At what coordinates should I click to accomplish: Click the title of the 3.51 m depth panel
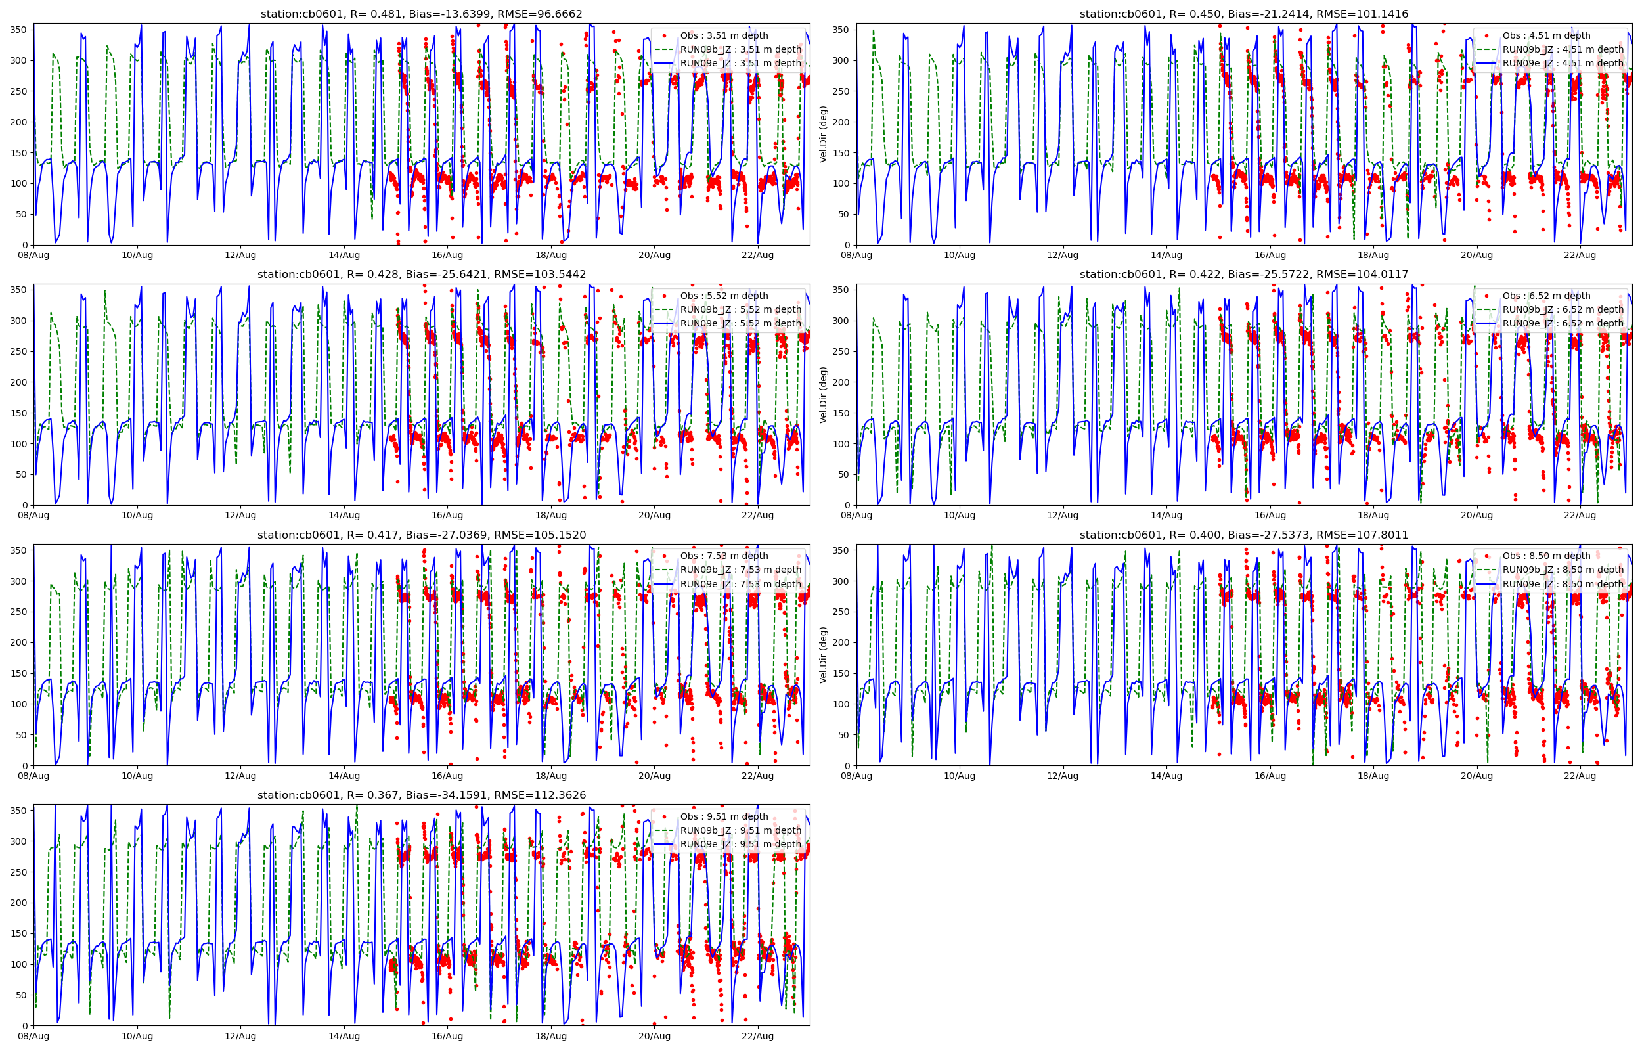click(x=421, y=14)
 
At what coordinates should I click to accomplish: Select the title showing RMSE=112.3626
click(x=421, y=795)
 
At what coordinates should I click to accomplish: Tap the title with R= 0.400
click(x=1243, y=535)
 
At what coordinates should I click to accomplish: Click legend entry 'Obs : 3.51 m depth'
click(x=724, y=35)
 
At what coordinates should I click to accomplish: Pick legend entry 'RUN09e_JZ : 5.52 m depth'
click(x=740, y=323)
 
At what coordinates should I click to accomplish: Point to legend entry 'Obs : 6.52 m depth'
click(x=1547, y=296)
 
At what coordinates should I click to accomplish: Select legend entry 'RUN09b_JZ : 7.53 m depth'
click(x=740, y=570)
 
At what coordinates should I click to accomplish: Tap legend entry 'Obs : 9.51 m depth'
click(x=724, y=817)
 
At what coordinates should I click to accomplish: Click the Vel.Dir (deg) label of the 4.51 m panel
click(x=824, y=134)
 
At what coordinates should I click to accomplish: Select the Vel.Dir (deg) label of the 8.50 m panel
click(x=824, y=655)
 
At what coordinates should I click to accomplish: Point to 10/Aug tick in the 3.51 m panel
click(x=137, y=256)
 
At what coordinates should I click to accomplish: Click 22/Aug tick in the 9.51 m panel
click(x=757, y=1036)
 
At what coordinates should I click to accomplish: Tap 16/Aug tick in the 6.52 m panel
click(x=1270, y=515)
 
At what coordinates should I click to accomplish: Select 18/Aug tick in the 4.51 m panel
click(x=1373, y=256)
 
